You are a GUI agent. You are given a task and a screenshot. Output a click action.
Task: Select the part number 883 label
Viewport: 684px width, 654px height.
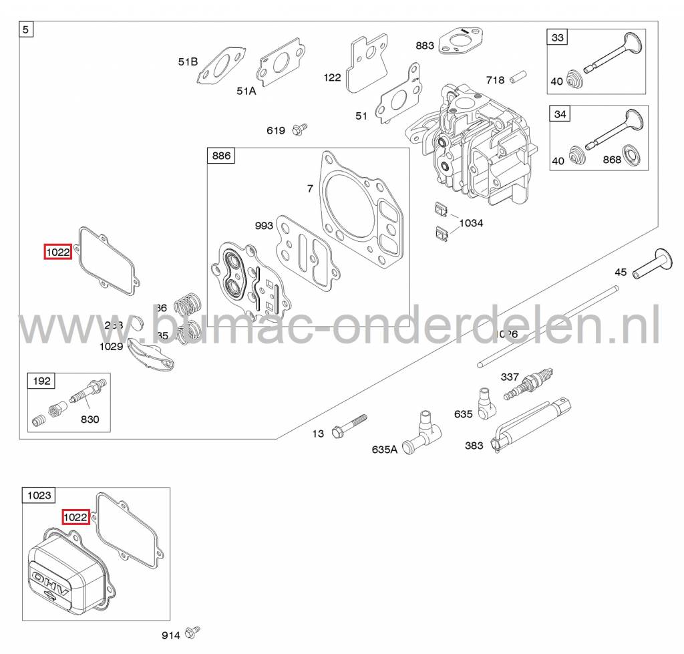click(424, 45)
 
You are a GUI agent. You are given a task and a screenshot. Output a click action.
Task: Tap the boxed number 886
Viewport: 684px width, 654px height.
click(221, 156)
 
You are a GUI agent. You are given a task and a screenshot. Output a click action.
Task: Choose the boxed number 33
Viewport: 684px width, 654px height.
click(558, 38)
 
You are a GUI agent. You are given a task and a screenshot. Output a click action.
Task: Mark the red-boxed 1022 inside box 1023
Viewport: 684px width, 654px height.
click(75, 516)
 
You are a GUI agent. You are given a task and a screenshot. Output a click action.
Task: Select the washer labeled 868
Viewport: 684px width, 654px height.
click(629, 155)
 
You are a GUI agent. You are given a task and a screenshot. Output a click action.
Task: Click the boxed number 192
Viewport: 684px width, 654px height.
click(41, 381)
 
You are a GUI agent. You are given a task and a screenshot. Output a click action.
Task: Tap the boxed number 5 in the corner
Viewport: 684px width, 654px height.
click(27, 29)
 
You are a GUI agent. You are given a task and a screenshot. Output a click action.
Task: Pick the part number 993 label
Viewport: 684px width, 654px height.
click(264, 226)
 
